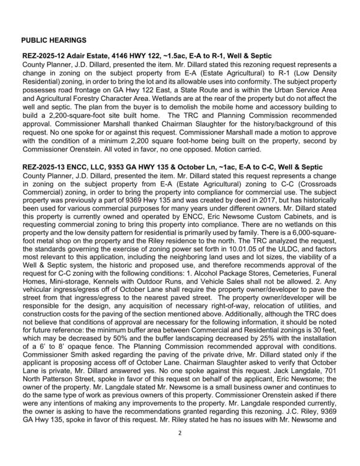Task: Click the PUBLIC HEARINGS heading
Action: tap(53, 40)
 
